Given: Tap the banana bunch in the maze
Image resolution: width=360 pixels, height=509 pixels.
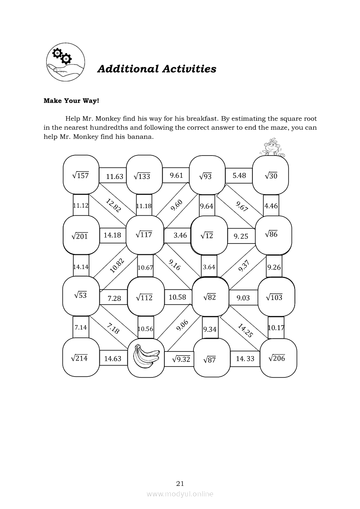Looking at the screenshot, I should (x=146, y=357).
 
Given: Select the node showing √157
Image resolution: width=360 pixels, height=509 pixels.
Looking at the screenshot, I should (x=81, y=175).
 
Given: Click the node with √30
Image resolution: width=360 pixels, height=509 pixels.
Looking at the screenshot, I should (x=271, y=175).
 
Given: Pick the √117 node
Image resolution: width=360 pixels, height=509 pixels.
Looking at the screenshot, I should (x=144, y=235).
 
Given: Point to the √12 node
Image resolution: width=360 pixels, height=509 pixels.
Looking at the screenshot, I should (x=207, y=236).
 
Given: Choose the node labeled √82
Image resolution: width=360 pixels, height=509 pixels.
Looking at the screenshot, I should (x=210, y=297).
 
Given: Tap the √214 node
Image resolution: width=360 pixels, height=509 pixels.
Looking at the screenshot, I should (x=80, y=358).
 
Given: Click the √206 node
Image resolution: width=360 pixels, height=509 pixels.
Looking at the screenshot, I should (x=277, y=358).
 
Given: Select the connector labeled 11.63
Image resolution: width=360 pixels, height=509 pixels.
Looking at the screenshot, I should (x=114, y=176).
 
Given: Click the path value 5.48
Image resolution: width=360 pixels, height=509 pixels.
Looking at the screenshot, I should (x=239, y=175).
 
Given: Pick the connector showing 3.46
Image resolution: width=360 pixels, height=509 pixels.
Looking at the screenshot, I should (x=180, y=235).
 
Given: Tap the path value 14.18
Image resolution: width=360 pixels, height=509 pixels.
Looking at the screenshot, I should (x=112, y=235).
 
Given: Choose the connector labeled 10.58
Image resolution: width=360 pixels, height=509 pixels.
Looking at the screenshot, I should (x=177, y=297).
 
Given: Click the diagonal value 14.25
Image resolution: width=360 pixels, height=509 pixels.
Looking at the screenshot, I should (x=245, y=330).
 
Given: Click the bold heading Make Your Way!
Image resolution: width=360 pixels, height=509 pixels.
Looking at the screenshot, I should (x=71, y=101).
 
